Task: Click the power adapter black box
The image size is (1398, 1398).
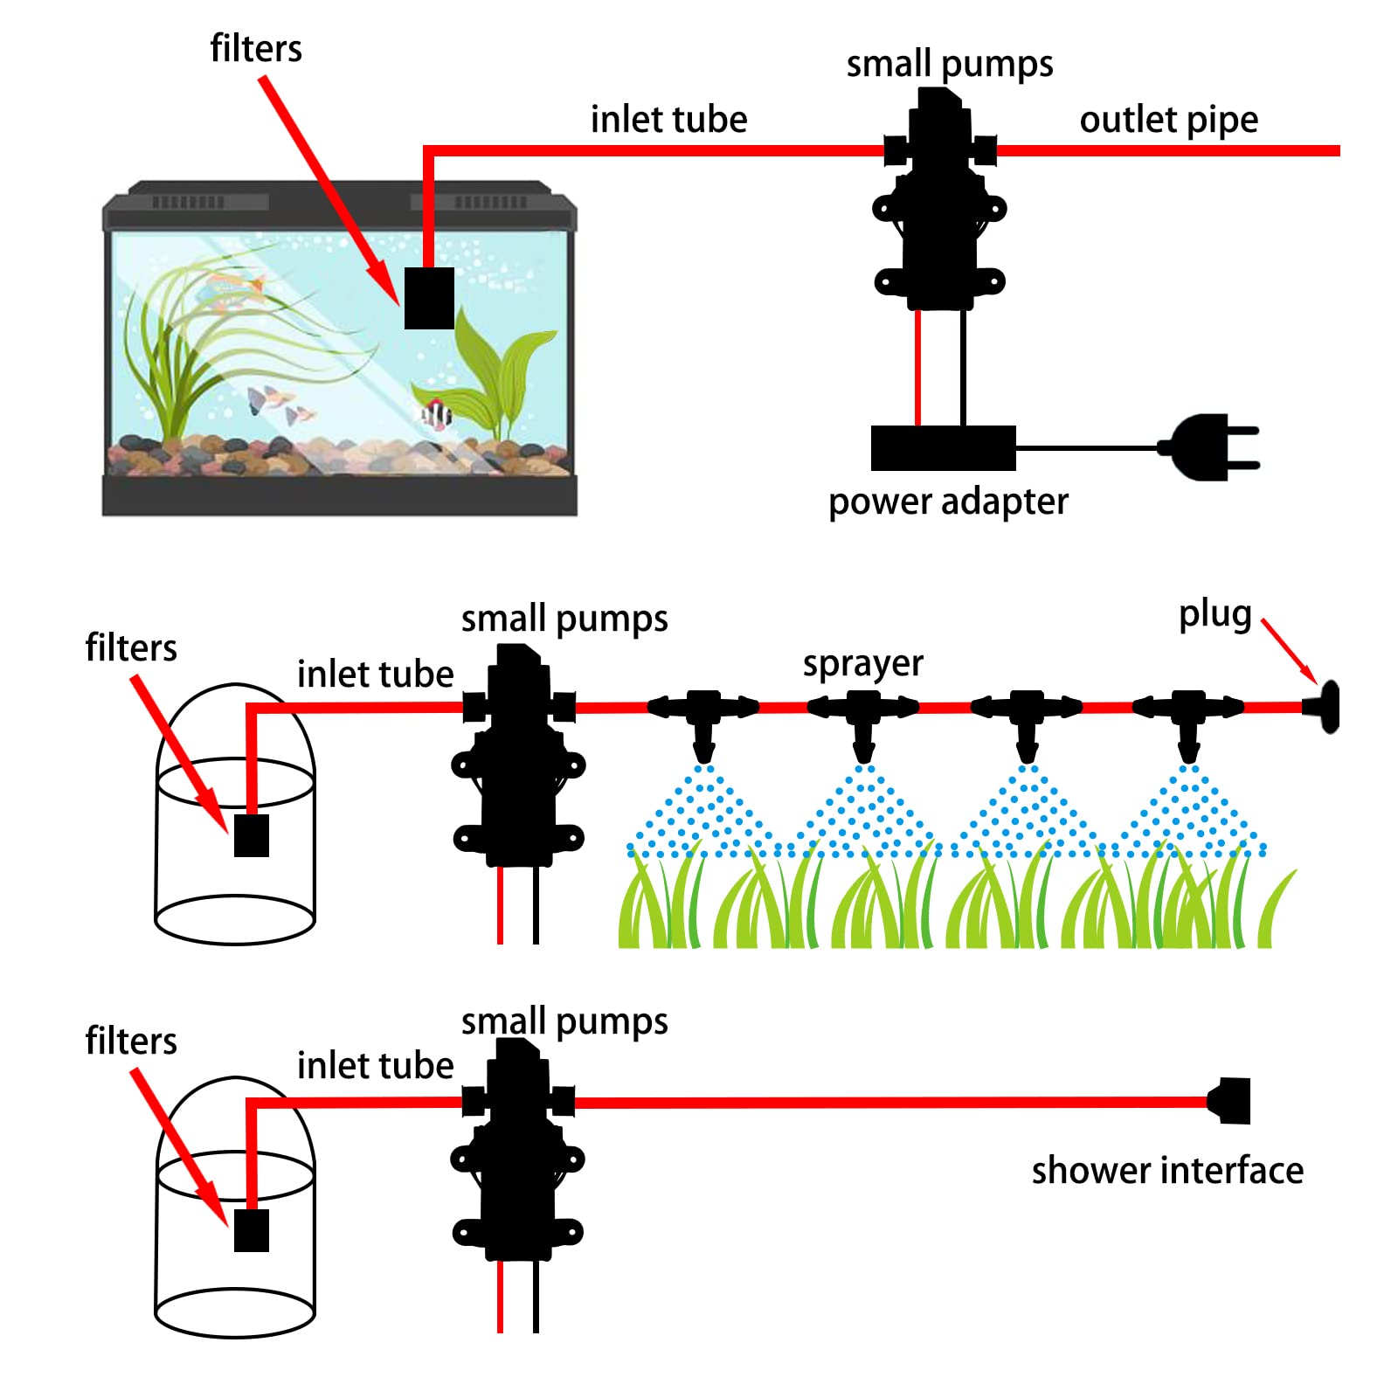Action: [x=943, y=448]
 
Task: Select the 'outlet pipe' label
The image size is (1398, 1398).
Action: [x=1168, y=120]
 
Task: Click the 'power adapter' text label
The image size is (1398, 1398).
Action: [x=948, y=502]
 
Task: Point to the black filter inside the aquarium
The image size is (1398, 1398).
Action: [x=429, y=298]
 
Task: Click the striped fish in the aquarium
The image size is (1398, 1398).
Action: [x=436, y=413]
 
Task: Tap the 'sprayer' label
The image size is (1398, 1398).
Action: [x=862, y=664]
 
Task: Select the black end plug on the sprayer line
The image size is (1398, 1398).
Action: [x=1325, y=707]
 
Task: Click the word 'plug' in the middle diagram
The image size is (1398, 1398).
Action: [x=1215, y=614]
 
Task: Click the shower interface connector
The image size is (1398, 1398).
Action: [x=1230, y=1101]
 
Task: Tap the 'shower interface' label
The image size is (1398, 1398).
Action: [x=1166, y=1171]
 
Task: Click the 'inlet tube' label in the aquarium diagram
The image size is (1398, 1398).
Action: [x=668, y=120]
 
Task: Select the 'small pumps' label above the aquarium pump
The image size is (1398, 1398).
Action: [x=949, y=65]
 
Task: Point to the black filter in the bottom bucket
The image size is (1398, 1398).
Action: [x=252, y=1230]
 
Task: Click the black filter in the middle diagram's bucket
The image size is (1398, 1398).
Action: [x=252, y=835]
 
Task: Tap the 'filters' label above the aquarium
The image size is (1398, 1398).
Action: [x=256, y=49]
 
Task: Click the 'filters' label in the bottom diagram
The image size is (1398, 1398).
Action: [x=131, y=1042]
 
